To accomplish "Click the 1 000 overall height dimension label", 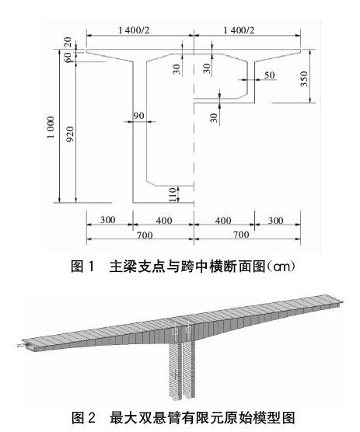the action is pos(51,127).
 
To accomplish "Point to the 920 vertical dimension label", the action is pos(71,134).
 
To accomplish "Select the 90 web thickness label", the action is pos(138,116).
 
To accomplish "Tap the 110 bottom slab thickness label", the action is pos(173,194).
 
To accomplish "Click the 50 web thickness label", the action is pos(269,75).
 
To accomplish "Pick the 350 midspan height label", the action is pos(304,78).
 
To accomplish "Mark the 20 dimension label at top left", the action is pos(68,43).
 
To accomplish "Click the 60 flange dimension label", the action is pos(68,57).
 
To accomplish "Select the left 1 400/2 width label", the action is pos(134,30).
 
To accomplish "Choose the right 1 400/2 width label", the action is pos(239,30).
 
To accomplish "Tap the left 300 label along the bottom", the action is pos(107,220).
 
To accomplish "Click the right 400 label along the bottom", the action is pos(223,220).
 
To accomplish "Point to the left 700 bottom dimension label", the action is pos(145,235).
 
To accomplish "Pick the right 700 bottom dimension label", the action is pos(241,235).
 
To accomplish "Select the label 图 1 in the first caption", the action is pos(82,267).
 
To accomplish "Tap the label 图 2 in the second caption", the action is pos(83,418).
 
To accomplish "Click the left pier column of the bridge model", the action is pos(176,370).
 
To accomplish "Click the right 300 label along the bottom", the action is pos(276,220).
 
